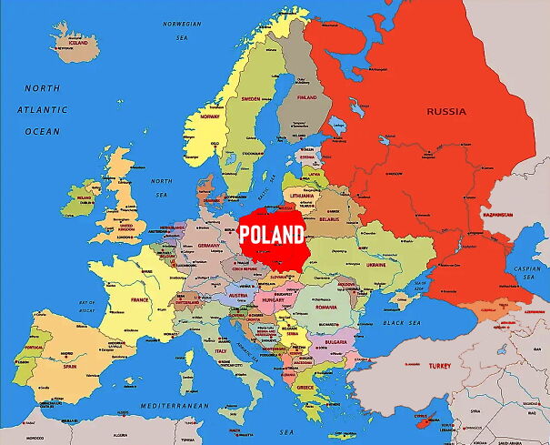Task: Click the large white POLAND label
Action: point(272,235)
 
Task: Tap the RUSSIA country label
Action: point(446,112)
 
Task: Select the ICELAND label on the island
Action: point(79,42)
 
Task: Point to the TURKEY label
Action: point(440,365)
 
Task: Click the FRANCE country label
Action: point(139,299)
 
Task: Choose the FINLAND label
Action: point(306,96)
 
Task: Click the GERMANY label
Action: point(209,246)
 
